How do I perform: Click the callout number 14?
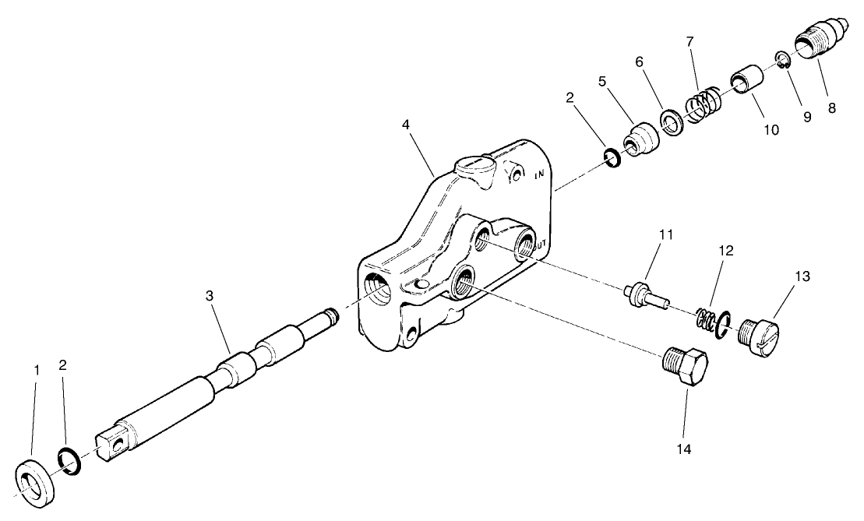pyautogui.click(x=686, y=449)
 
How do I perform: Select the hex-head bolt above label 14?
pyautogui.click(x=686, y=367)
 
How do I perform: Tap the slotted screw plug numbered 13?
pyautogui.click(x=759, y=336)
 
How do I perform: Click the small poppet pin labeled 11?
pyautogui.click(x=646, y=295)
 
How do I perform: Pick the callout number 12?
pyautogui.click(x=726, y=252)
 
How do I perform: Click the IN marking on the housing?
pyautogui.click(x=538, y=176)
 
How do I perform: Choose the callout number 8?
pyautogui.click(x=831, y=108)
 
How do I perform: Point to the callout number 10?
pyautogui.click(x=771, y=130)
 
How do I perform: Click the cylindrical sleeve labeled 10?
pyautogui.click(x=746, y=83)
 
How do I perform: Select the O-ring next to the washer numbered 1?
pyautogui.click(x=69, y=461)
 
